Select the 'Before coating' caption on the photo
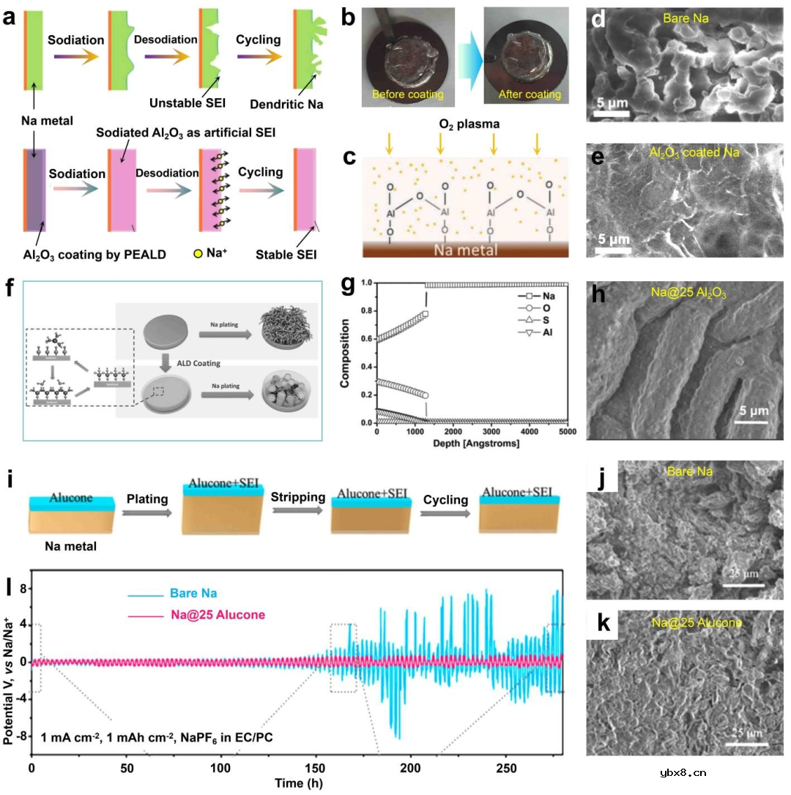408,94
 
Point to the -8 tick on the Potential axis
21,735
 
